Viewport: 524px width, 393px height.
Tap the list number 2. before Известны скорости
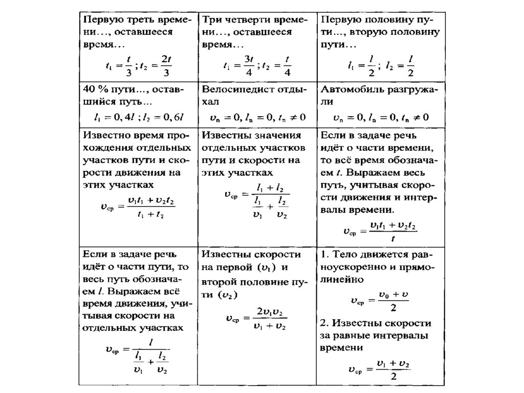pyautogui.click(x=324, y=323)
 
